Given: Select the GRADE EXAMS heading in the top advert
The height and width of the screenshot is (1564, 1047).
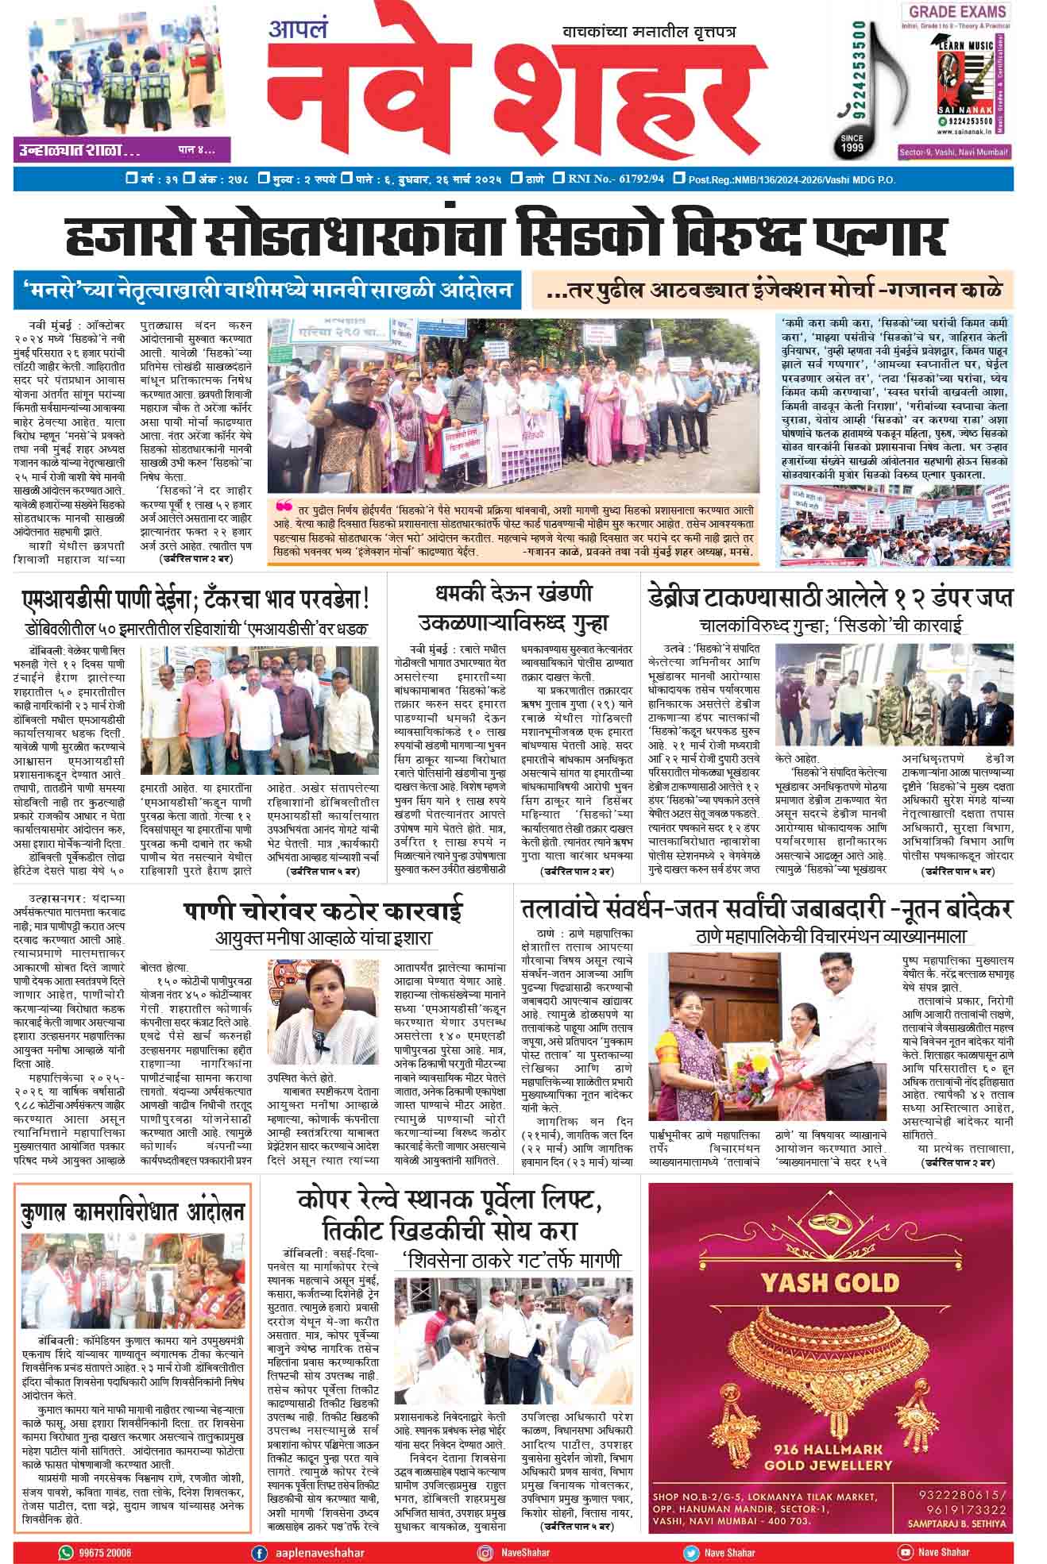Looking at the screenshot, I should click(957, 12).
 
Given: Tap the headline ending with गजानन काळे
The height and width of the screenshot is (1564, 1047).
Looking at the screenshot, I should click(775, 291).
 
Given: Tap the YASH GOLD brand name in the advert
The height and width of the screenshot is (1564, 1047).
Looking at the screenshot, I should click(829, 1281).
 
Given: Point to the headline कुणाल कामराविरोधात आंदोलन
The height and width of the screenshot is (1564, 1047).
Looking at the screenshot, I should click(133, 1213).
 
